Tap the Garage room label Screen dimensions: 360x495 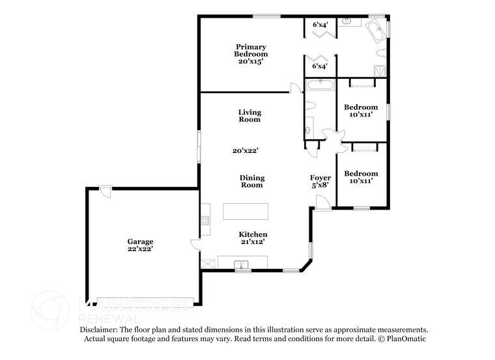[140, 242]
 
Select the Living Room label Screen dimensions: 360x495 [249, 116]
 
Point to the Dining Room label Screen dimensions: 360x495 [251, 181]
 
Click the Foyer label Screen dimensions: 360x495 [320, 178]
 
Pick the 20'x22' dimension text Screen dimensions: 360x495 [246, 150]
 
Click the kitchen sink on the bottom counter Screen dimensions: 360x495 [242, 264]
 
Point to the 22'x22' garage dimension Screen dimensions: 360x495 [140, 248]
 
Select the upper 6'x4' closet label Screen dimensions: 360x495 [320, 24]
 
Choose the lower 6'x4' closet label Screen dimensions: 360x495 [320, 66]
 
